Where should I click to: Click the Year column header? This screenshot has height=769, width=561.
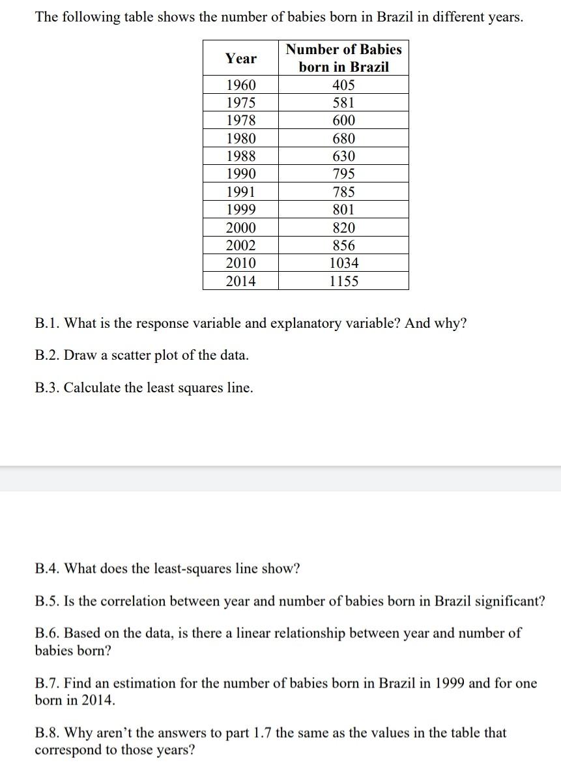240,59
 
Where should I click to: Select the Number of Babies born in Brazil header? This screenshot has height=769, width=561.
343,58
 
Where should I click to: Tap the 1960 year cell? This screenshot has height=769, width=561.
240,85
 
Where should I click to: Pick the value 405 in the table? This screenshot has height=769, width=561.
343,85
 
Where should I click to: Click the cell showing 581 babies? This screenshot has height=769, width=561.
343,103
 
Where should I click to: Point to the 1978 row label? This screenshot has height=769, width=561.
240,121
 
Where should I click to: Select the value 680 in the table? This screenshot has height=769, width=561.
343,139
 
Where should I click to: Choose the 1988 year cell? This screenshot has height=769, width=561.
240,156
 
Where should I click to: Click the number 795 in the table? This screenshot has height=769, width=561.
343,174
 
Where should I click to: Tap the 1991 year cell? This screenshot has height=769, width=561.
240,192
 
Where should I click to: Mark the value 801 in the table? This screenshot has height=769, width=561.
343,210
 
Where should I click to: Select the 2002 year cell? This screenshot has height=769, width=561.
240,246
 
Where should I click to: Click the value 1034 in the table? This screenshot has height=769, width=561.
343,263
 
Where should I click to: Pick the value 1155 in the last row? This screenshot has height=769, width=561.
343,282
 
